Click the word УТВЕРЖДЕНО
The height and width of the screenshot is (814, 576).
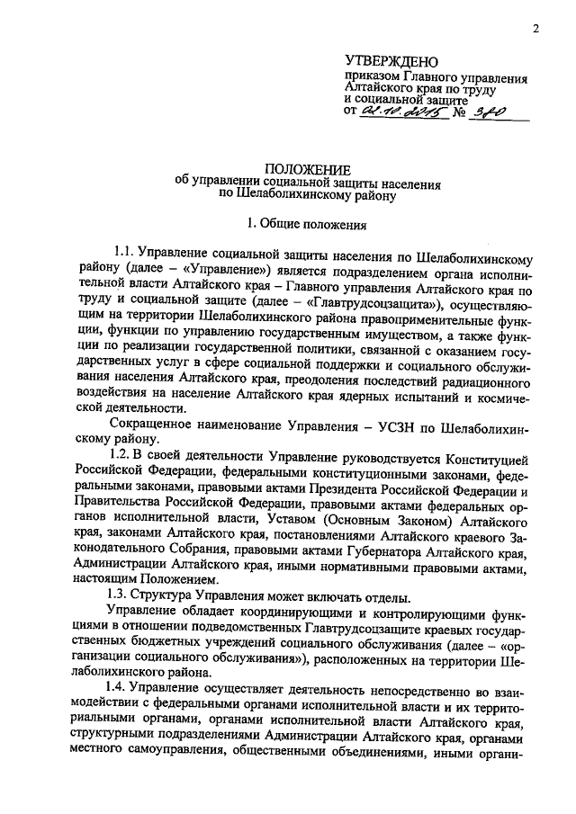[x=390, y=62]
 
